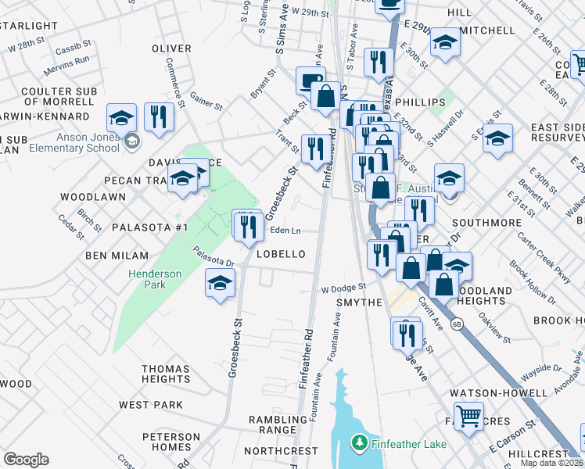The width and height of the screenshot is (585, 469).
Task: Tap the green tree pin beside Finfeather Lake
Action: [x=359, y=443]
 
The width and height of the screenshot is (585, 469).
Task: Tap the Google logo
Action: [x=26, y=459]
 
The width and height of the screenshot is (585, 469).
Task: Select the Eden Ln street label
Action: [x=285, y=231]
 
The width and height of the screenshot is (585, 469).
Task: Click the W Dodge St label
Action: [x=343, y=288]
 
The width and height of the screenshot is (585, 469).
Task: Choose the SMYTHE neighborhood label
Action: [x=359, y=303]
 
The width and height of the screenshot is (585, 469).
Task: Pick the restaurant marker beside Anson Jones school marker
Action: [x=159, y=117]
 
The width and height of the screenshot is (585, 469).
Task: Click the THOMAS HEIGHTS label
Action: [x=166, y=374]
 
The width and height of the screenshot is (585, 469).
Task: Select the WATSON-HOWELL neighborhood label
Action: [x=497, y=392]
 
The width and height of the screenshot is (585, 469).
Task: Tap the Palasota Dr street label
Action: [x=214, y=256]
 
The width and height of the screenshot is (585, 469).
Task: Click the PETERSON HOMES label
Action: [x=171, y=442]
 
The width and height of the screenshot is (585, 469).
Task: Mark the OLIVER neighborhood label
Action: [x=171, y=48]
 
